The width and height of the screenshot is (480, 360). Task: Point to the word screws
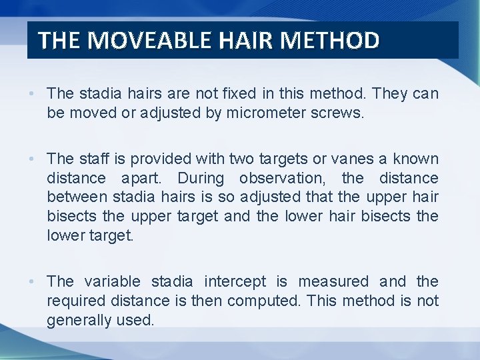(338, 113)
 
